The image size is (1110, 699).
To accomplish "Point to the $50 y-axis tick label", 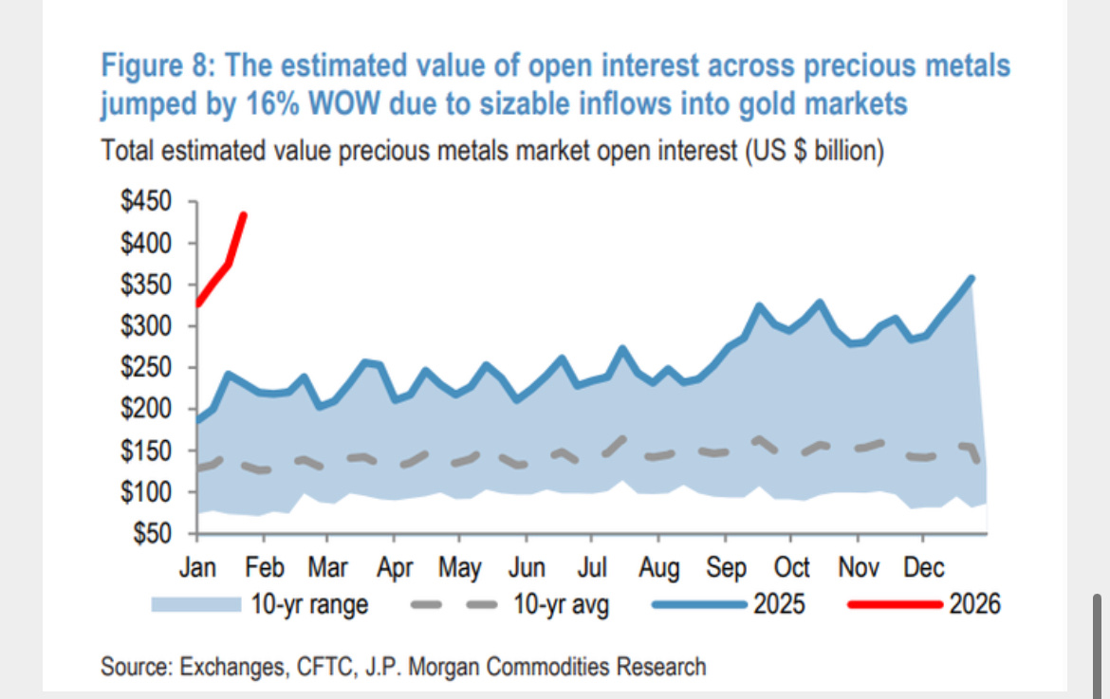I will point(151,534).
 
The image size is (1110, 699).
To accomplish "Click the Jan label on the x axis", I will point(197,567).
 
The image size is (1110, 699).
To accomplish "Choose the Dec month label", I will point(923,567).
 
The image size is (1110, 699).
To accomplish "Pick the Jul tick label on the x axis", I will point(591,567).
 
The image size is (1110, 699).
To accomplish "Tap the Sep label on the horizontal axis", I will point(726,567).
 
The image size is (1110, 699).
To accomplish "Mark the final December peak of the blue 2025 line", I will point(971,278).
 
